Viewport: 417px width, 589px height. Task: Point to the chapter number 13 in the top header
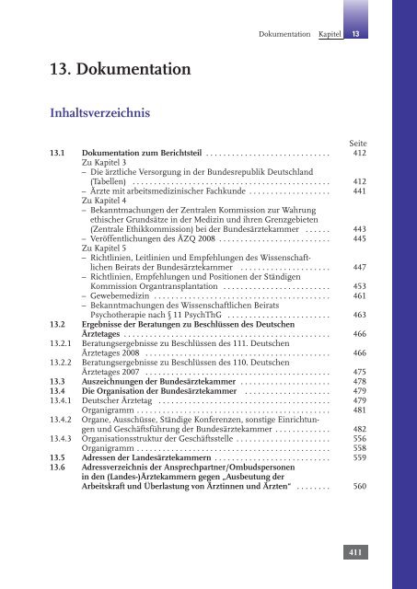(355, 33)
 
